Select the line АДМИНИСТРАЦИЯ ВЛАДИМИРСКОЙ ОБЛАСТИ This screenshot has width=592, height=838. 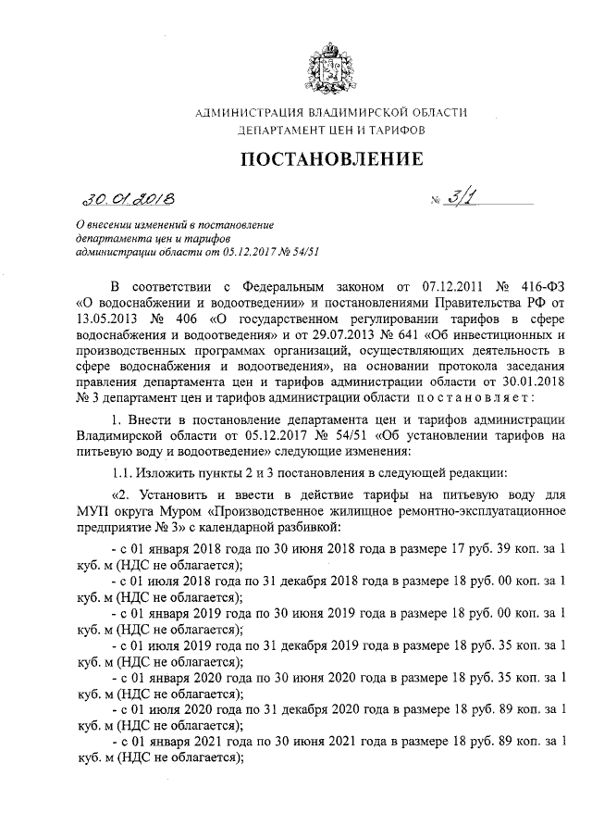(x=331, y=113)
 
